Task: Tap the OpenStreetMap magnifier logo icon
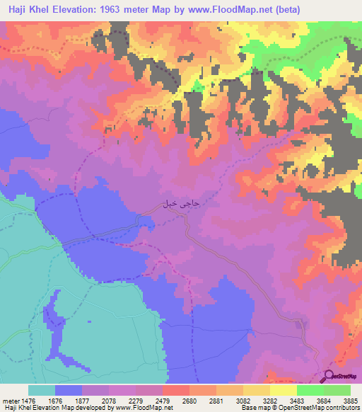tap(329, 376)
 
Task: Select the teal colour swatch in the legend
tap(41, 391)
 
